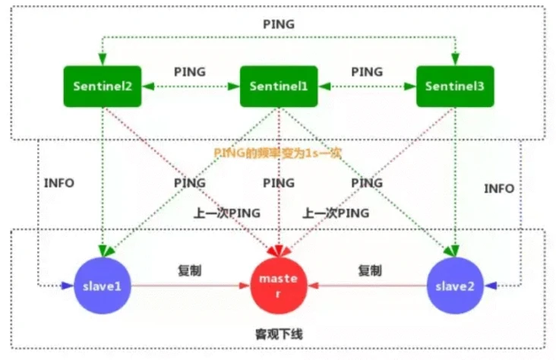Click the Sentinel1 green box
coord(279,86)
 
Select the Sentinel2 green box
coord(103,86)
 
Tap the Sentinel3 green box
coord(455,86)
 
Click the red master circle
coord(279,286)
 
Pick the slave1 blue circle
coord(103,286)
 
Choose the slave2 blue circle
coord(455,286)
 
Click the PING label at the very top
coord(279,24)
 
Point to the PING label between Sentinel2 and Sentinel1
coord(190,72)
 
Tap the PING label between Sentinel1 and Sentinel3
coord(367,72)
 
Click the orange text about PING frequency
coord(278,153)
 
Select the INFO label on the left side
coord(59,183)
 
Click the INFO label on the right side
coord(499,188)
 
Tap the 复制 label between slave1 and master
coord(190,270)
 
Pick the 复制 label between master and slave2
coord(370,270)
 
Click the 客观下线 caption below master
coord(279,334)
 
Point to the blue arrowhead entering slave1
coord(68,286)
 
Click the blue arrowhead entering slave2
coord(491,286)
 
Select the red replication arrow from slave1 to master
coord(191,286)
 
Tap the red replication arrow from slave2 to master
coord(367,286)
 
